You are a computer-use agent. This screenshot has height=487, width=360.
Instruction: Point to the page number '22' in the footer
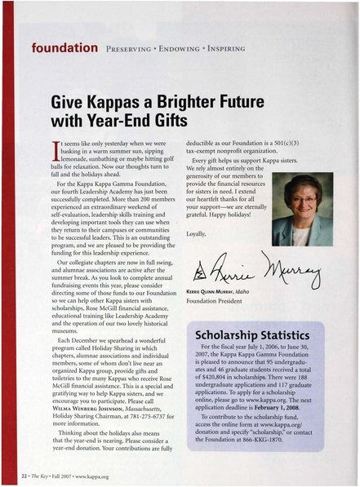[x=20, y=475]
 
